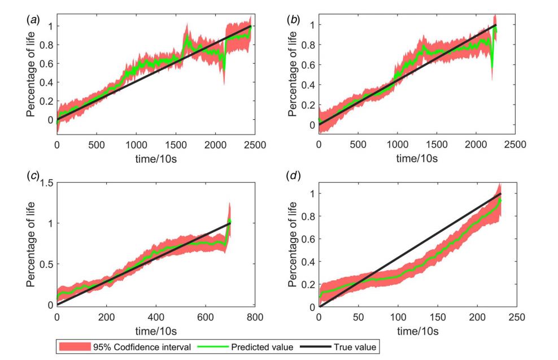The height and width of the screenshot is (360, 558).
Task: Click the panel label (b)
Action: (294, 20)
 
